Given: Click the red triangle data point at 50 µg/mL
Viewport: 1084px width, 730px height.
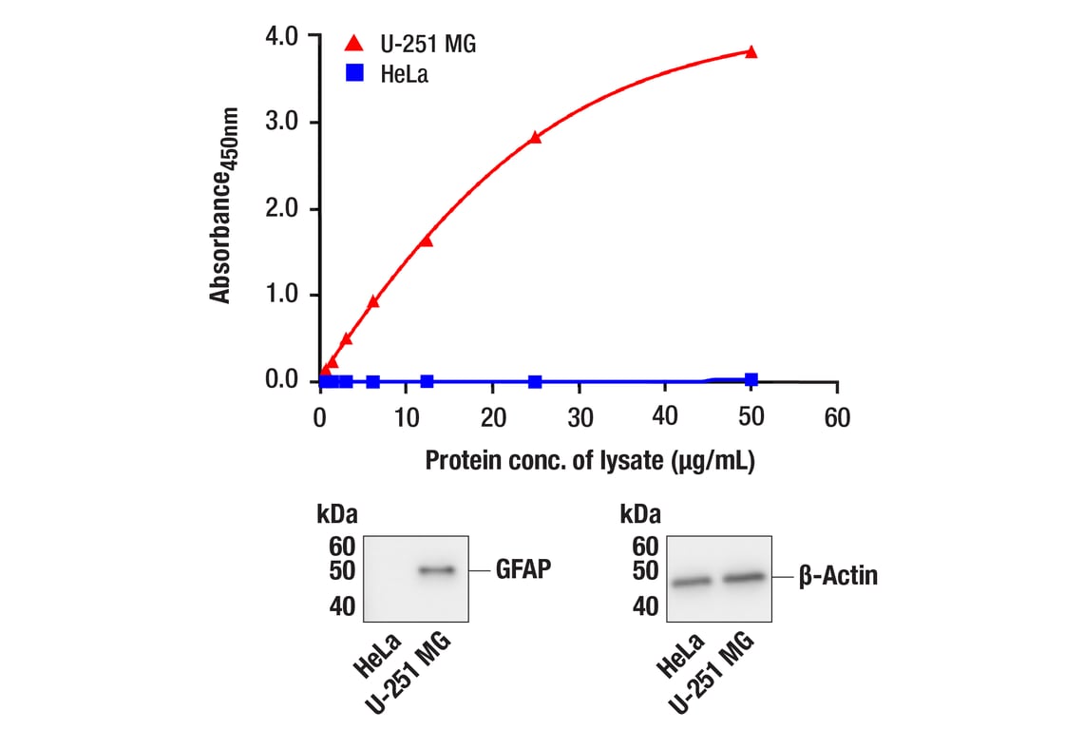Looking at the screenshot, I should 751,51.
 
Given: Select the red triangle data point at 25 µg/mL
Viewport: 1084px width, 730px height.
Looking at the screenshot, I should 535,137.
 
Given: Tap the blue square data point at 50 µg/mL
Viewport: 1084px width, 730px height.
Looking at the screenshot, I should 751,379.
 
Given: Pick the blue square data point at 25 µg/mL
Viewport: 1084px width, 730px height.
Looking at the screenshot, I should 535,381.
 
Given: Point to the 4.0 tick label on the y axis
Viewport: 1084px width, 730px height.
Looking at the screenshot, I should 283,36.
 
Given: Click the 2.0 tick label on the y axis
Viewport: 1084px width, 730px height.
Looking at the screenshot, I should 283,208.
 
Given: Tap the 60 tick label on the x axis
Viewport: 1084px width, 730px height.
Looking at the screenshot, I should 836,418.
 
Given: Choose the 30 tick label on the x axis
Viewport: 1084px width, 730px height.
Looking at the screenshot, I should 579,418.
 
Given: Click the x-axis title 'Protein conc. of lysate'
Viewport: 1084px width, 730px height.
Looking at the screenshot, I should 589,461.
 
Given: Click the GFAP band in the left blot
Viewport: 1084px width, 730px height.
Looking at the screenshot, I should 437,570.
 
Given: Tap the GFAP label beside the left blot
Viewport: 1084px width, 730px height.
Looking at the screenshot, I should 523,570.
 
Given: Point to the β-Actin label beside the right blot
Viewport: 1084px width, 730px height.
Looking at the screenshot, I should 838,576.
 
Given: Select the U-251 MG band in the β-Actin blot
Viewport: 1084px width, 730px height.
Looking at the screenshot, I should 744,577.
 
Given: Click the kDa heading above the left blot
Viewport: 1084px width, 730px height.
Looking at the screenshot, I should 337,515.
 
